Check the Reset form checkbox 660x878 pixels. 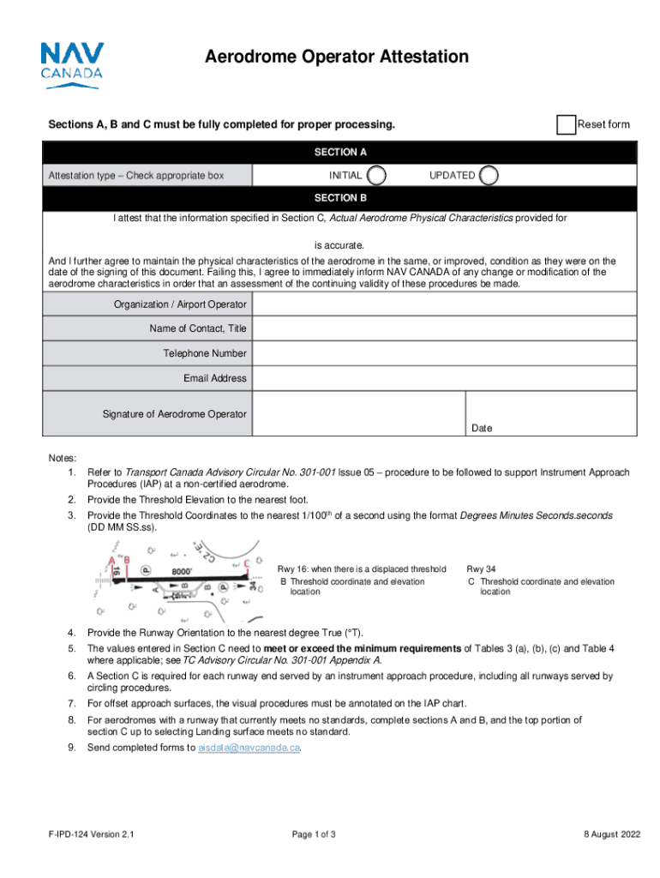click(x=566, y=125)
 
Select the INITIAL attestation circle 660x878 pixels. click(x=375, y=175)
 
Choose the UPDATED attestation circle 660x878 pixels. click(x=489, y=175)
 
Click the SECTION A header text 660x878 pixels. click(x=340, y=153)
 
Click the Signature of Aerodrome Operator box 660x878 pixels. click(x=359, y=414)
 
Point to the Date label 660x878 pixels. click(x=482, y=428)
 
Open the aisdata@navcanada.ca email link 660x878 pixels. click(x=249, y=748)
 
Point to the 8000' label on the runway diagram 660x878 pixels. click(x=180, y=571)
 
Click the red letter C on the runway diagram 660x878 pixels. click(x=247, y=563)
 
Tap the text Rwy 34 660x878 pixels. click(x=480, y=568)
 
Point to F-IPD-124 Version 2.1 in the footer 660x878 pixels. click(x=91, y=834)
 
